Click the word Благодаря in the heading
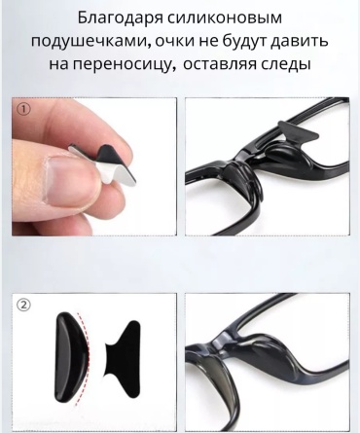click(x=121, y=18)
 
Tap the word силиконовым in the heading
click(x=225, y=18)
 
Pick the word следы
click(x=284, y=64)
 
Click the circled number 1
click(x=23, y=110)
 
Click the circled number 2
click(x=23, y=305)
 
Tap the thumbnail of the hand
click(x=94, y=166)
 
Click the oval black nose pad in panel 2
click(x=71, y=357)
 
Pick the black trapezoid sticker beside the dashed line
click(x=124, y=359)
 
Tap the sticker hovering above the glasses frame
click(x=298, y=132)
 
